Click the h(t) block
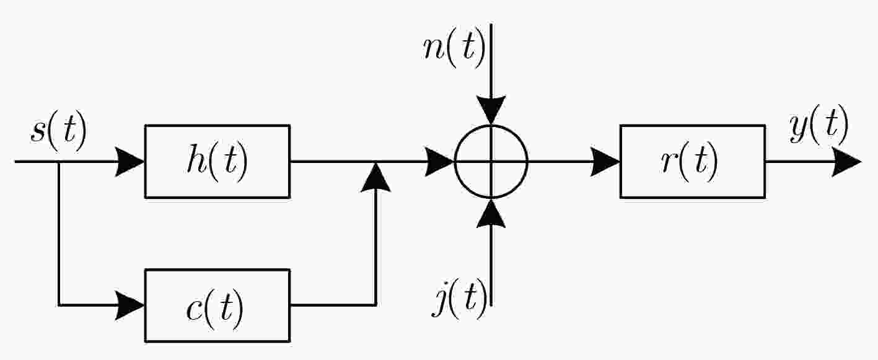[217, 162]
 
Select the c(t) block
[217, 305]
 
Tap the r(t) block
[693, 162]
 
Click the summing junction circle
[455, 162]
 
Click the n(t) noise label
[455, 49]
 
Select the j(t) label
[460, 300]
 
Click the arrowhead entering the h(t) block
[130, 162]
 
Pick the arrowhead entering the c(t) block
[130, 305]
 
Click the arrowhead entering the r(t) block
[605, 162]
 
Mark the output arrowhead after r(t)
[847, 162]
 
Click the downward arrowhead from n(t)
[491, 110]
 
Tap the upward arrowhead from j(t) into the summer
[491, 213]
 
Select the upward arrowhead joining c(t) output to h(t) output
[375, 177]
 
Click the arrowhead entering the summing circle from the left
[439, 162]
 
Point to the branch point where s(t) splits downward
[59, 162]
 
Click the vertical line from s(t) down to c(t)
[59, 234]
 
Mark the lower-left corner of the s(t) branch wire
[59, 305]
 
